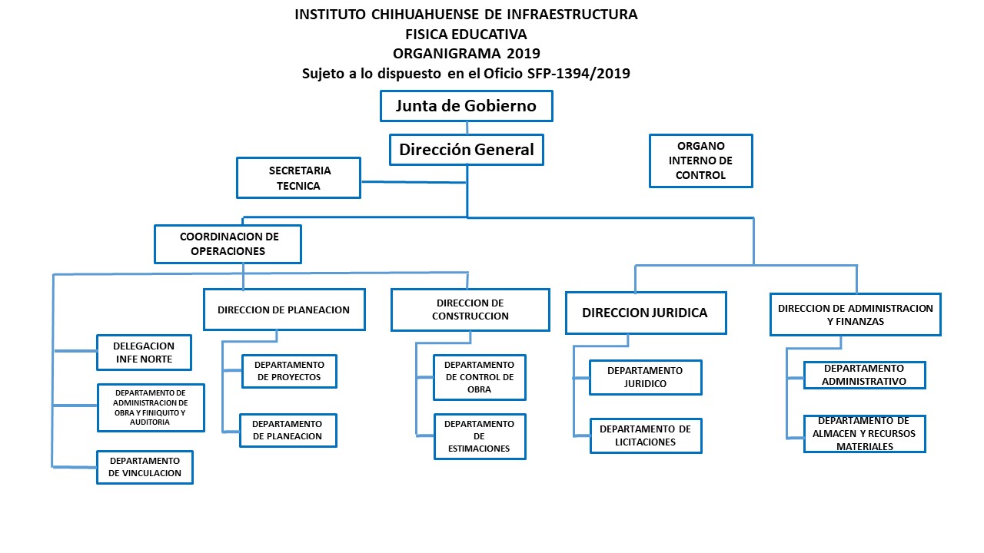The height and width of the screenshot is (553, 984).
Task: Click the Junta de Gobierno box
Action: (x=467, y=106)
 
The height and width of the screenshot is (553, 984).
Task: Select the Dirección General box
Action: (x=467, y=150)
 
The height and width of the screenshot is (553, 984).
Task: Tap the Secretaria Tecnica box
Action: (x=299, y=177)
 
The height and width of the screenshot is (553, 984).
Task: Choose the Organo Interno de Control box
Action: (x=701, y=161)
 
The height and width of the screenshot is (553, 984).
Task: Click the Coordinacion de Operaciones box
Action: (x=228, y=244)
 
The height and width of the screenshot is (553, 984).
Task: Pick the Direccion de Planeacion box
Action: (x=284, y=310)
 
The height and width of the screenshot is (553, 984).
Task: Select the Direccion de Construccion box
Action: (x=470, y=310)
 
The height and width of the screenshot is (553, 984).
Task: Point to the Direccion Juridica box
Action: (x=646, y=313)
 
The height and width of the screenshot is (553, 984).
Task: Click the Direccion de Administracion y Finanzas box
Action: (x=856, y=315)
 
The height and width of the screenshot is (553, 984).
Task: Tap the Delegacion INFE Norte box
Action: (x=144, y=353)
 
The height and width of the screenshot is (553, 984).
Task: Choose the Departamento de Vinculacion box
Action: (x=145, y=468)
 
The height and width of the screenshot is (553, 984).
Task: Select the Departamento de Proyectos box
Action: (x=290, y=371)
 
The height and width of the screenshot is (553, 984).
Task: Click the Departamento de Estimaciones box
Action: (x=480, y=437)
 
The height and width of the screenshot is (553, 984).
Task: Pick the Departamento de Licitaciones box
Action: (x=646, y=435)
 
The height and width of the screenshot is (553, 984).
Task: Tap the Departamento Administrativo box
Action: (x=865, y=376)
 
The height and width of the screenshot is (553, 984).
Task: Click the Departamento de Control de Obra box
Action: (x=479, y=377)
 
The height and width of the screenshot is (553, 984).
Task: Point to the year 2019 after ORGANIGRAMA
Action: (x=524, y=54)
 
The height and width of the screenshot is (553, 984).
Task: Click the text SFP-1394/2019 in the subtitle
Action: (x=579, y=73)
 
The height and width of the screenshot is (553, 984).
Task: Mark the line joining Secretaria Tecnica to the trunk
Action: (x=414, y=182)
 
